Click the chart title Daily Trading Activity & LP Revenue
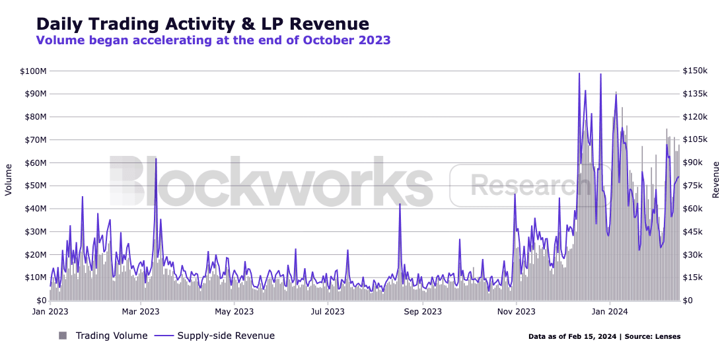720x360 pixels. [203, 23]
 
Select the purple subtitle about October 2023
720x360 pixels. [213, 40]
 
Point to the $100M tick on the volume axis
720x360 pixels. [34, 71]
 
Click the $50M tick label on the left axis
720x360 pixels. [36, 186]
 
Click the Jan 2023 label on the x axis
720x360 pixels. [50, 312]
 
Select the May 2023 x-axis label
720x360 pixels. [234, 312]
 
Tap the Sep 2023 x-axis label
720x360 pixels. [423, 312]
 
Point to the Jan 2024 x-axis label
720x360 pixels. [610, 312]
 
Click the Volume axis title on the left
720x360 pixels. [9, 180]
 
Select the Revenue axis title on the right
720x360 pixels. [715, 180]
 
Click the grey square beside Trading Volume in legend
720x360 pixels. [63, 336]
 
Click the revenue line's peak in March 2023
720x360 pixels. [156, 159]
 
